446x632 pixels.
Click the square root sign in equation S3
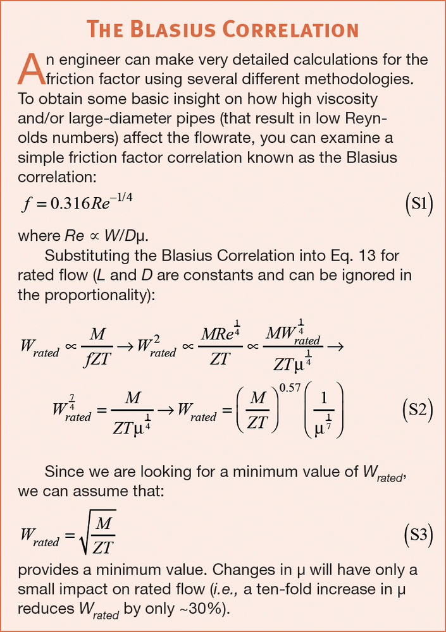(x=80, y=536)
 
